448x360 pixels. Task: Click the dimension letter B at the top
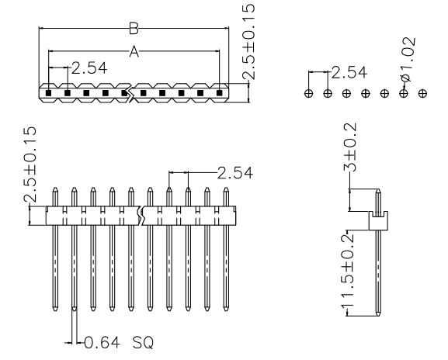(134, 29)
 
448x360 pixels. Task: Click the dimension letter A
(134, 52)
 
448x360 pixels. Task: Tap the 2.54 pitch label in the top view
(89, 68)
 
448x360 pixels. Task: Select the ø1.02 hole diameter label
(407, 59)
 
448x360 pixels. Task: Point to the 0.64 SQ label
(119, 342)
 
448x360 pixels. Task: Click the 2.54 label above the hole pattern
(349, 72)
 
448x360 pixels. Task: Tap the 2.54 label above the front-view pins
(235, 173)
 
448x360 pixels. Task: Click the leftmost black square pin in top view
(49, 93)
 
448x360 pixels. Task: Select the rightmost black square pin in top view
(219, 93)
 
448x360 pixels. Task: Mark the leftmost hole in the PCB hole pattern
(308, 93)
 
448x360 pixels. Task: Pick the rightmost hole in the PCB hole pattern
(422, 93)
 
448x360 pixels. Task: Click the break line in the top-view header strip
(130, 93)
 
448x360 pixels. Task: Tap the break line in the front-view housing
(141, 216)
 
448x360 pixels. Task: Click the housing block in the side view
(378, 220)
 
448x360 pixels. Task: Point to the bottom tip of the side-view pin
(378, 316)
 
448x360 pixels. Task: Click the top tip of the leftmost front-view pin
(55, 188)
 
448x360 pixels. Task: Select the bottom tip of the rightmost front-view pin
(226, 310)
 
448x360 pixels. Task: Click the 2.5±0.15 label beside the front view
(30, 164)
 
